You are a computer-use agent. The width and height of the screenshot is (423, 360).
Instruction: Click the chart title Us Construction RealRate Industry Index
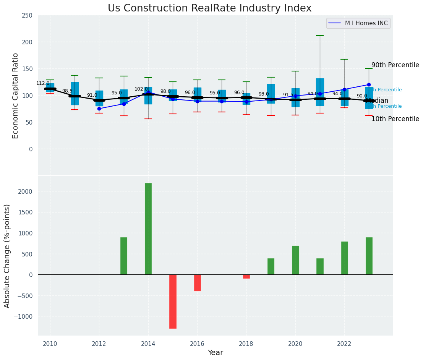(209, 8)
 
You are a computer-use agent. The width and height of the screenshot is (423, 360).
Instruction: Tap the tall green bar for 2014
(148, 229)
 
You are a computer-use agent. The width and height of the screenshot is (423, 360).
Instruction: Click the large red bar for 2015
(173, 301)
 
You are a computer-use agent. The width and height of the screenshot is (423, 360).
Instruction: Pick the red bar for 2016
(197, 283)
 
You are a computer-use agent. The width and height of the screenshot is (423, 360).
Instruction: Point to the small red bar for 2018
(246, 276)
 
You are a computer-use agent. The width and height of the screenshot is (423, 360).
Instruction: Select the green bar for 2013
(124, 256)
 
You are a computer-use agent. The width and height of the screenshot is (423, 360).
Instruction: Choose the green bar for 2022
(344, 258)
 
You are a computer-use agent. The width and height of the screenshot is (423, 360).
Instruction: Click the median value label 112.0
(43, 83)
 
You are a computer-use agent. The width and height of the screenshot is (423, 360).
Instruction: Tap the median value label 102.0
(141, 89)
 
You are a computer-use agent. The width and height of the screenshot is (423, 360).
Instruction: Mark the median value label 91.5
(288, 95)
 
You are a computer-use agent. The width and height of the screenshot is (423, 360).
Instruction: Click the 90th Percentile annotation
(395, 65)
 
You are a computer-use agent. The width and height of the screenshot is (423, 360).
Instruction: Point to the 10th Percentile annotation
(395, 119)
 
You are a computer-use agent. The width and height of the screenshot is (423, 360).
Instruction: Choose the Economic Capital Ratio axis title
(16, 96)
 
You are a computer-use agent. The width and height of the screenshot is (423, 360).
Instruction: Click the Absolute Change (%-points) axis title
(7, 256)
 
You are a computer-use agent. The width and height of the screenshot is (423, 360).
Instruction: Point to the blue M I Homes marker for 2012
(99, 109)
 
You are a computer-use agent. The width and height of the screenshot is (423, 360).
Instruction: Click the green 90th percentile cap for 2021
(320, 36)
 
